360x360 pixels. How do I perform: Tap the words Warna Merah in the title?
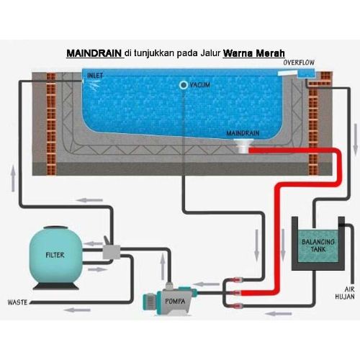click(254, 53)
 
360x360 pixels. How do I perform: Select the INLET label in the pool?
click(95, 76)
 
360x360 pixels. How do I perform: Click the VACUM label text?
click(199, 86)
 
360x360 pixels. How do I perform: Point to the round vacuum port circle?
click(183, 86)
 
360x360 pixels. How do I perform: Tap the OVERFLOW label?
click(299, 63)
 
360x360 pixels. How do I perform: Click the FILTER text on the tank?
click(55, 255)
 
